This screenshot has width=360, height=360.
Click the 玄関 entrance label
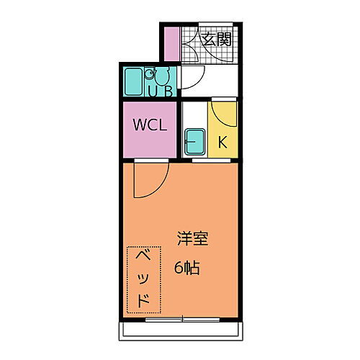[x=216, y=40]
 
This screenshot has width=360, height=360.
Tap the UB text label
[x=160, y=91]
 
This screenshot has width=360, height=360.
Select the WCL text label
[x=149, y=124]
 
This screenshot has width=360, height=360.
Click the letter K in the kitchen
[x=222, y=142]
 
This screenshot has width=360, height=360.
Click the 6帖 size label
[x=186, y=268]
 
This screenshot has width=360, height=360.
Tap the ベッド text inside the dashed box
[x=143, y=279]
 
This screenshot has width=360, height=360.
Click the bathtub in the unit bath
[x=135, y=81]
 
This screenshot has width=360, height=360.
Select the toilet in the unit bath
[x=162, y=76]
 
